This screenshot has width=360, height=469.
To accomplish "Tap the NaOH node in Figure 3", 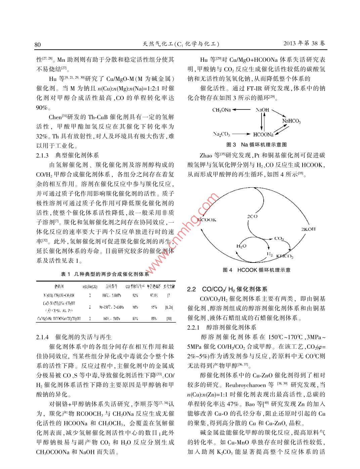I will coord(262,110).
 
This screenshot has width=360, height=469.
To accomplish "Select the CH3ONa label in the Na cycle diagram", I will coord(221,110).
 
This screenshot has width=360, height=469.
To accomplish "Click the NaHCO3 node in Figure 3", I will coord(291,121).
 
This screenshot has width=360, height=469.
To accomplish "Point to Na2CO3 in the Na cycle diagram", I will coord(221,134).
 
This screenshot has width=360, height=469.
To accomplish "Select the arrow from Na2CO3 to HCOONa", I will coord(241,134).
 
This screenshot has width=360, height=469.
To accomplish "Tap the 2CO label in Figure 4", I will coord(252,217).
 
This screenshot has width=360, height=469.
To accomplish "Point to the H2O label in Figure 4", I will coord(241,246).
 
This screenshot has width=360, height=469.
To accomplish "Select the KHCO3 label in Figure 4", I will coord(285,257).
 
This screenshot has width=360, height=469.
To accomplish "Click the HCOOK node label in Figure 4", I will coord(207,220).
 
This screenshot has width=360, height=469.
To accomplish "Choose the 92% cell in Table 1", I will coord(135,295).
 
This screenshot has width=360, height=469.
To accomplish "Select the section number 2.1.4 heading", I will coord(43,337).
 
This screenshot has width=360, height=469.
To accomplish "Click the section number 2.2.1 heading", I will coord(194,327).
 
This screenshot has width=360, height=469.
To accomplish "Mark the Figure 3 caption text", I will coord(257,145).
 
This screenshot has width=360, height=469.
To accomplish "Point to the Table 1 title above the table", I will coord(105,274).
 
